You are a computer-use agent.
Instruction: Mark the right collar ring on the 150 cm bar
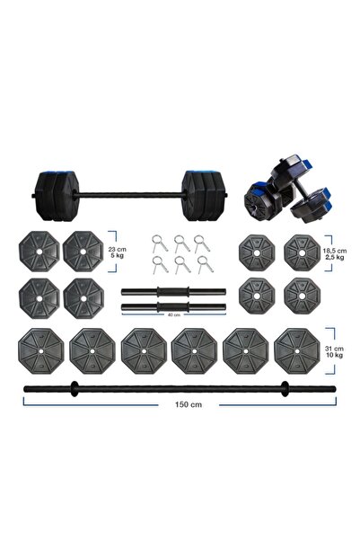[x=285, y=388]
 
